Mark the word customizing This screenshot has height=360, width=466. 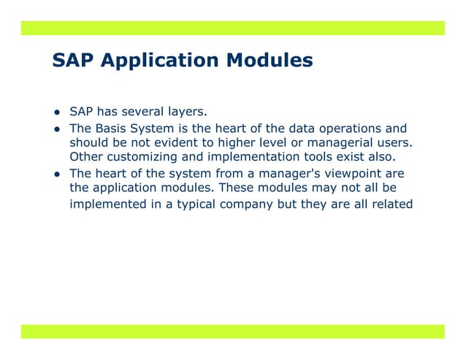pos(139,156)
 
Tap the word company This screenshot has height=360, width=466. pos(245,204)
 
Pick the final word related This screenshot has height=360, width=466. pos(392,204)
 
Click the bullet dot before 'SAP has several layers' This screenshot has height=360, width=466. pos(56,113)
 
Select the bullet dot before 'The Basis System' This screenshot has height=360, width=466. pos(56,129)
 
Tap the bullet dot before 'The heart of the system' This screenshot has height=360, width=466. pos(56,175)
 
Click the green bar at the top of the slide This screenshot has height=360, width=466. pos(232,28)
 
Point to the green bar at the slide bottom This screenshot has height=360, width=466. pos(232,332)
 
